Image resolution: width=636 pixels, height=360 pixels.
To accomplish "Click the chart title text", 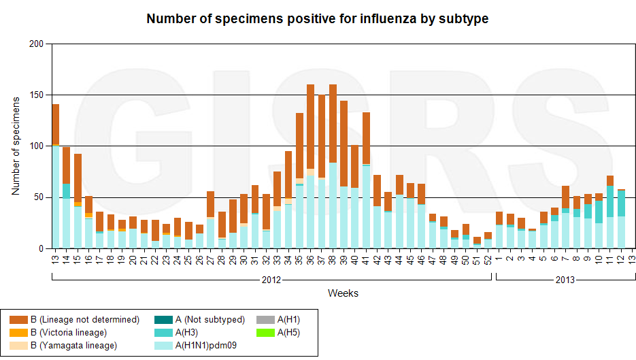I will tap(318, 18).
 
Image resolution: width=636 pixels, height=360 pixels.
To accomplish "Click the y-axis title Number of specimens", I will tap(16, 146).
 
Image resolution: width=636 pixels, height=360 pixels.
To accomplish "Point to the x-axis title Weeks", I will tap(343, 293).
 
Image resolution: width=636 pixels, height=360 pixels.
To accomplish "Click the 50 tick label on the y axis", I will tap(38, 197).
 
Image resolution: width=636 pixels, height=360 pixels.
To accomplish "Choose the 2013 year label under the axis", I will tap(565, 279).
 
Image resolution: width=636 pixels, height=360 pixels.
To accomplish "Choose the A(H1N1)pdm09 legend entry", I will tap(205, 345).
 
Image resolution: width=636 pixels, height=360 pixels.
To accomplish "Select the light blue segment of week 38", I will tap(333, 204).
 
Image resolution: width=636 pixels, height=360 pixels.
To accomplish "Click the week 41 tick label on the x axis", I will tap(366, 259).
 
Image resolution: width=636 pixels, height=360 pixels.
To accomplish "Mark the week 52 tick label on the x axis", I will tap(488, 259).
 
